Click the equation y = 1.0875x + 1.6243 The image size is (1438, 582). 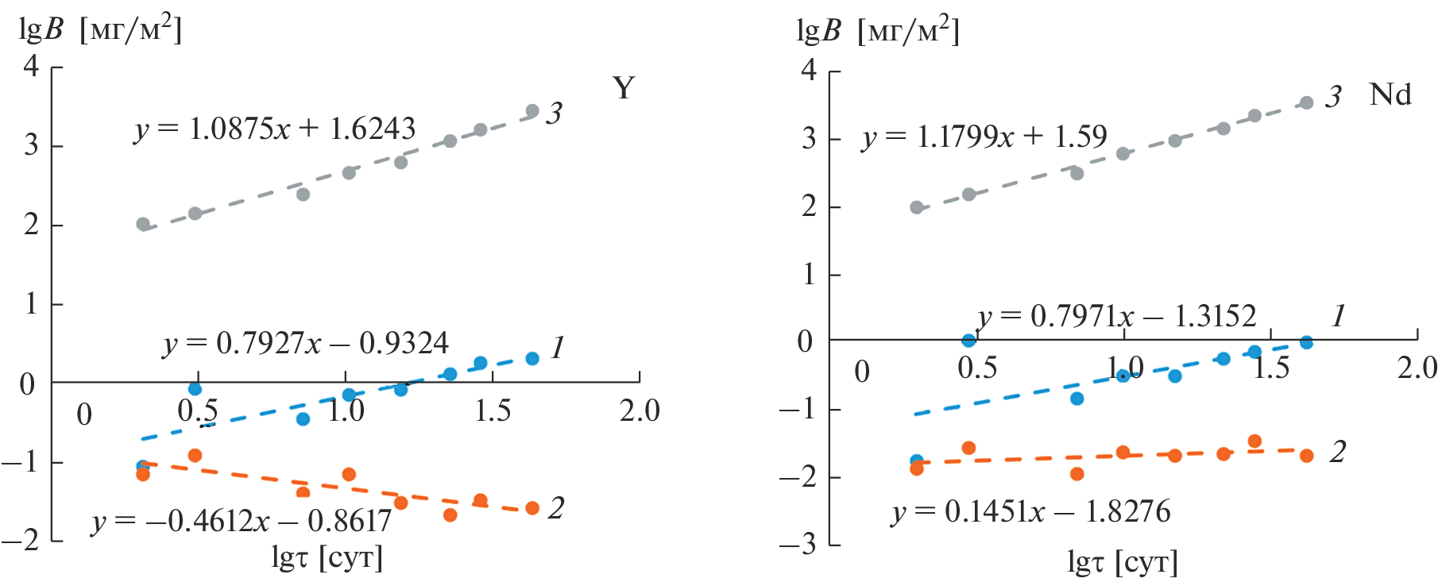(x=275, y=129)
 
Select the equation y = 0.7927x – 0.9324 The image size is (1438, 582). (x=306, y=344)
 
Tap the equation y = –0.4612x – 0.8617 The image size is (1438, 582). (x=242, y=521)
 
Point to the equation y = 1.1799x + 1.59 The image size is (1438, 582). (x=984, y=137)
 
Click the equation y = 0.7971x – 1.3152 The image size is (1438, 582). (x=1117, y=317)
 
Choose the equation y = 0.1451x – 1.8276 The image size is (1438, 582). (x=1031, y=512)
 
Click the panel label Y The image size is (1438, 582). (x=624, y=88)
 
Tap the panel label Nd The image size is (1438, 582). (x=1390, y=94)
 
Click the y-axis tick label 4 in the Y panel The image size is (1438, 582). (x=31, y=65)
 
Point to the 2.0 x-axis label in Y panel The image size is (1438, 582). (x=640, y=410)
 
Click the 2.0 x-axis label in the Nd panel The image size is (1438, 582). (x=1417, y=368)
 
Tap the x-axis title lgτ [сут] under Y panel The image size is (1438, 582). (x=327, y=558)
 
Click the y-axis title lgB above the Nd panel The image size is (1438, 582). (x=818, y=31)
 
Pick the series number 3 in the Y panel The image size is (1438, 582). (x=554, y=113)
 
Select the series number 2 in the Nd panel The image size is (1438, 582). (x=1338, y=452)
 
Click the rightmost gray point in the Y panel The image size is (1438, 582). (x=532, y=111)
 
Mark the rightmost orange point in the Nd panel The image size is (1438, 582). (x=1306, y=456)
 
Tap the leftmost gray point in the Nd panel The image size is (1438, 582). (x=917, y=207)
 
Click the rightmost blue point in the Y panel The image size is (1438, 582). (x=532, y=359)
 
